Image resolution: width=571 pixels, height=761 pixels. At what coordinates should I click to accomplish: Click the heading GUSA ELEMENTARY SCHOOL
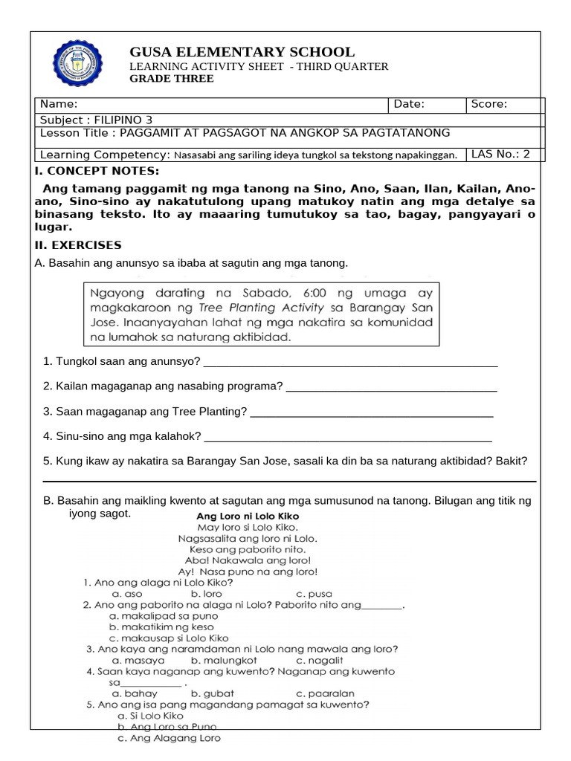point(242,52)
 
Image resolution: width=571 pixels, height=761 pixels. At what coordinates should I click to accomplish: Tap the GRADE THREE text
point(172,79)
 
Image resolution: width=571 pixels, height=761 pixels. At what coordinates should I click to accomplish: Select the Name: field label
point(59,104)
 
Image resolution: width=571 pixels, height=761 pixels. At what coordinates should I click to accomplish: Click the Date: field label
point(409,104)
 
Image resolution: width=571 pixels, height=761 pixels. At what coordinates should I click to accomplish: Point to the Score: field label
point(489,104)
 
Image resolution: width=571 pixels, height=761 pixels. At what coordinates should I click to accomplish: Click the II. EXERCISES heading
point(78,245)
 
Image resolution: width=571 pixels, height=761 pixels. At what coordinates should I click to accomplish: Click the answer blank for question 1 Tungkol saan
point(349,362)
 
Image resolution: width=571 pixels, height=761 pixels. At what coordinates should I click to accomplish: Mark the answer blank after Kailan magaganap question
point(391,386)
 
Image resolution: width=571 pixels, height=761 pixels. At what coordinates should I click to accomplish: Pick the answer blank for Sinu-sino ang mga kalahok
point(347,436)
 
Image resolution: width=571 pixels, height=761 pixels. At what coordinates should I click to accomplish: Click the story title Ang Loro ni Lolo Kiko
point(248,515)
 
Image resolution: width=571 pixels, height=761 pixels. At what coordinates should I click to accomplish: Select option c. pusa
point(314,594)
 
